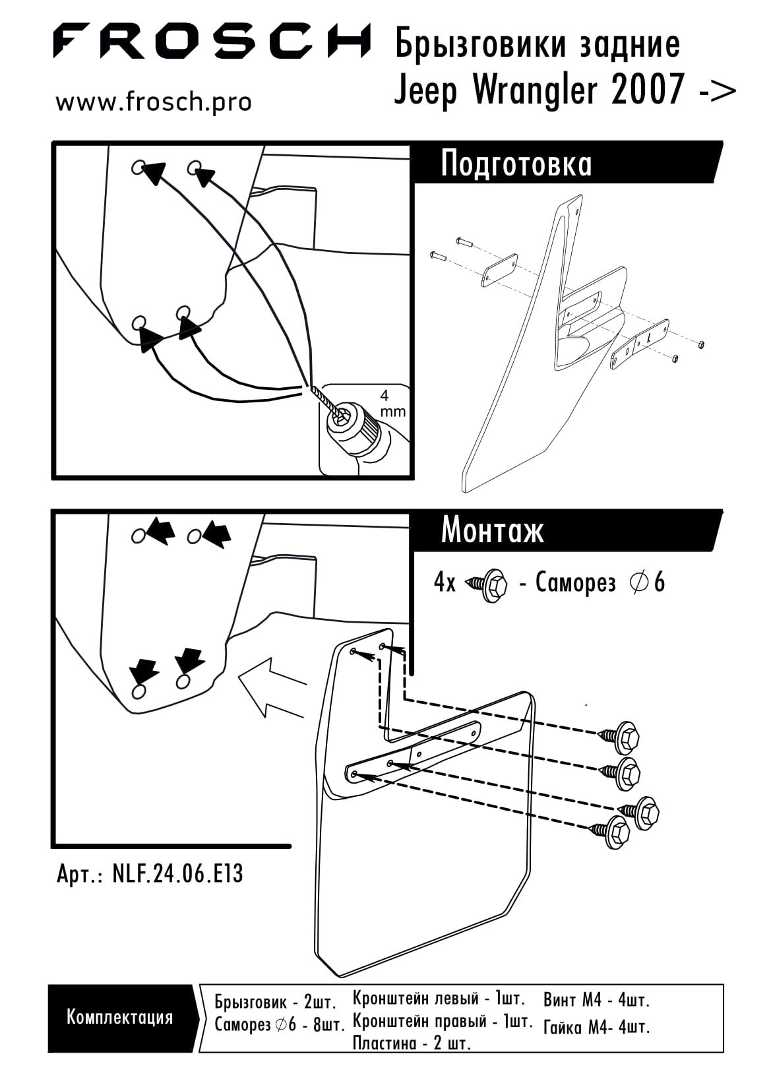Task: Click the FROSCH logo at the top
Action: tap(211, 40)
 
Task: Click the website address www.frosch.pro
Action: tap(154, 103)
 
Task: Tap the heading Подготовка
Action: tap(516, 164)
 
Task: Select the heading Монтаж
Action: tap(492, 530)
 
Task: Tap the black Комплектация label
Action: tap(119, 1016)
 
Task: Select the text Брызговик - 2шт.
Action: tap(275, 1003)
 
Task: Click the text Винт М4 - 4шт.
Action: tap(596, 1000)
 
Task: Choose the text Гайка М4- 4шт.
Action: tap(596, 1027)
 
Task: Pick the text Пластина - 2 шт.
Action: tap(412, 1044)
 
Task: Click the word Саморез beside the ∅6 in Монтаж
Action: tap(576, 583)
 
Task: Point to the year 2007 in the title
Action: tap(648, 90)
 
